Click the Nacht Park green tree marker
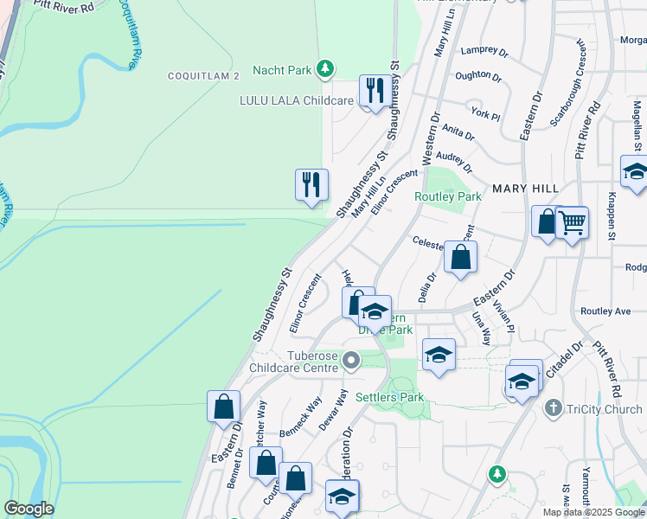point(324,67)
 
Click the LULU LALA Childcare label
point(297,100)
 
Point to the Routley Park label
point(448,196)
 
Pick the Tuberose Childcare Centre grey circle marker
point(351,359)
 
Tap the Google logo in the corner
point(29,509)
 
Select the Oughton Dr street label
point(478,76)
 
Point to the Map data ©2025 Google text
point(593,512)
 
